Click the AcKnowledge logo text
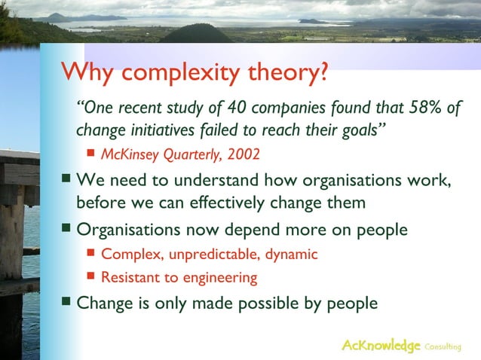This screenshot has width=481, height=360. [381, 346]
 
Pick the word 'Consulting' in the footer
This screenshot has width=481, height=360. [443, 346]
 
